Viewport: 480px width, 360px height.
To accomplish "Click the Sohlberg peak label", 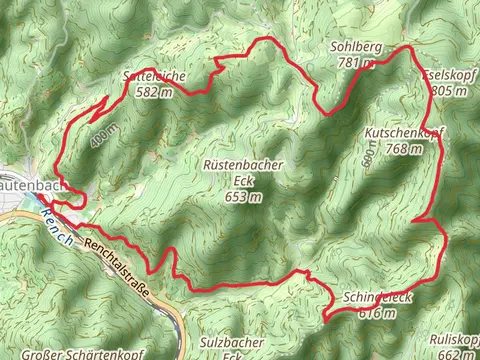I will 355,47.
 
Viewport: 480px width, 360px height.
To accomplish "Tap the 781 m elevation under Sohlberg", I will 356,63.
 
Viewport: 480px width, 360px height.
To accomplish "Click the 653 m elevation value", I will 243,197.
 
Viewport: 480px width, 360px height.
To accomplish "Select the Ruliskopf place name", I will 456,338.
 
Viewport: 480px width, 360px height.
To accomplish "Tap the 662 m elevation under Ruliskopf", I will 456,353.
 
